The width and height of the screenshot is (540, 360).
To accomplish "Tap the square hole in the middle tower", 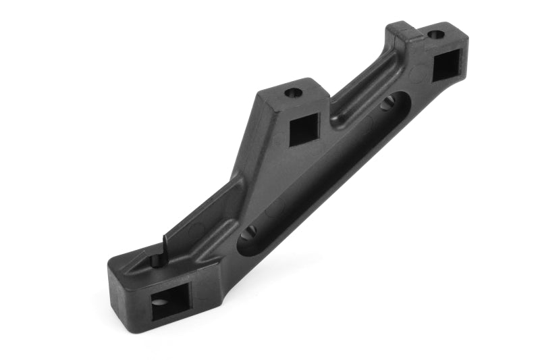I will (x=304, y=129).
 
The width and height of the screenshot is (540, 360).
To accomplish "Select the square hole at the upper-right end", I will (x=445, y=66).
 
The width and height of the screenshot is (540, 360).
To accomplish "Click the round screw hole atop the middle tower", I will (x=293, y=93).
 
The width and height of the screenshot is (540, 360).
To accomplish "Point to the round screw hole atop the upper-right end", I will (x=436, y=33).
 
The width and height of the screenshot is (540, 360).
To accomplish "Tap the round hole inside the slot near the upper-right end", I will (x=387, y=103).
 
